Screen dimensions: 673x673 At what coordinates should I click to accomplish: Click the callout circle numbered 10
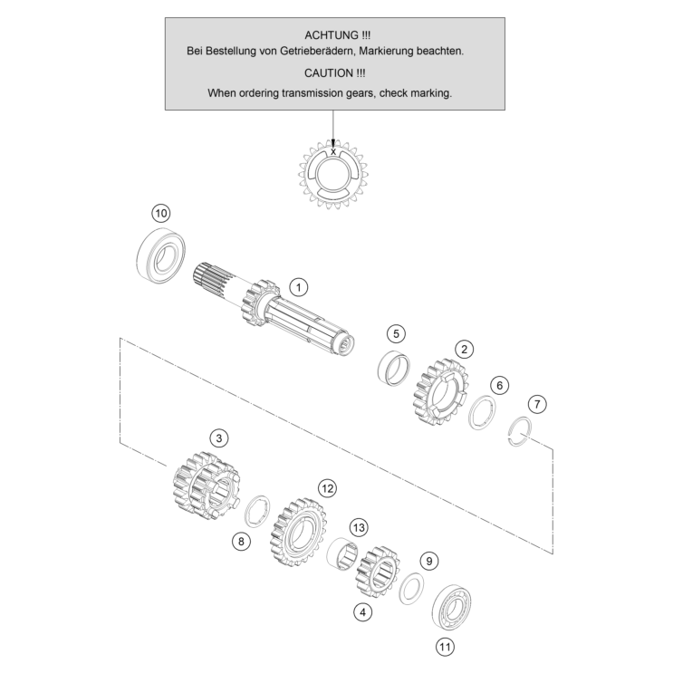(161, 214)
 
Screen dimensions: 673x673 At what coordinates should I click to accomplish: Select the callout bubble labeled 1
(299, 287)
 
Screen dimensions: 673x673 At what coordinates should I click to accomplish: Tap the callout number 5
(396, 333)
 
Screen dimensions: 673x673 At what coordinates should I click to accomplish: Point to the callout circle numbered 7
(537, 404)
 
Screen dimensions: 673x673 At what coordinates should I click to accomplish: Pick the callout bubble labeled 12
(327, 488)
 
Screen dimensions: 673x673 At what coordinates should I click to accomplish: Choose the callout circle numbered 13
(359, 527)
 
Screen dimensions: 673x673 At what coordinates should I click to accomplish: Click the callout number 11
(445, 647)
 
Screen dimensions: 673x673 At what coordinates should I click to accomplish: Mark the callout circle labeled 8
(241, 542)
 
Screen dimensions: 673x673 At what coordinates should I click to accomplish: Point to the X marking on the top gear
(333, 151)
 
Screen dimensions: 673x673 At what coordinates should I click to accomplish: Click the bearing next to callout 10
(160, 255)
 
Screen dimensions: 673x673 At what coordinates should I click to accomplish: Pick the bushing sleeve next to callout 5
(394, 369)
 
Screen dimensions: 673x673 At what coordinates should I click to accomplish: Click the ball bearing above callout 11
(451, 607)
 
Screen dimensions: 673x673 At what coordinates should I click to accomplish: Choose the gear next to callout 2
(441, 390)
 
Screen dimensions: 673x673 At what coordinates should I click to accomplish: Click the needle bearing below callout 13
(342, 554)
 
